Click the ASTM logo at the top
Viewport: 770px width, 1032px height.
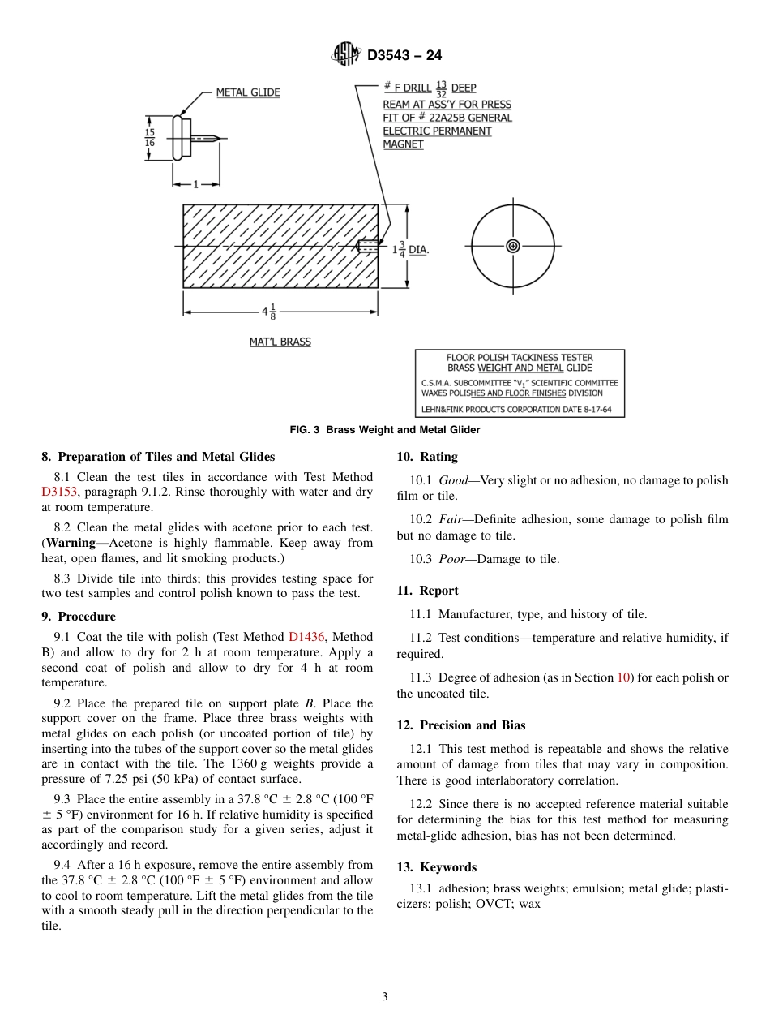pos(346,55)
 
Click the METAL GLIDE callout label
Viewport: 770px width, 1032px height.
pos(247,92)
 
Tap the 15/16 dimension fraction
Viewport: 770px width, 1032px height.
pos(150,137)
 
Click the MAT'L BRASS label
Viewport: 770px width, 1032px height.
pos(280,342)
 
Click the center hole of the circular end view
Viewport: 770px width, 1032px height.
pos(512,246)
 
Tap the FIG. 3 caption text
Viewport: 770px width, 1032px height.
pos(385,430)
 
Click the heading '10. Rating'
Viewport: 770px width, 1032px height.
pos(427,457)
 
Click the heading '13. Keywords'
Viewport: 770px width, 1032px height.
pos(436,867)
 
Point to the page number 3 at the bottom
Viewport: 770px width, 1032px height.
pos(385,997)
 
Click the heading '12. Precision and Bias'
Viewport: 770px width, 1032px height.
pos(461,725)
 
